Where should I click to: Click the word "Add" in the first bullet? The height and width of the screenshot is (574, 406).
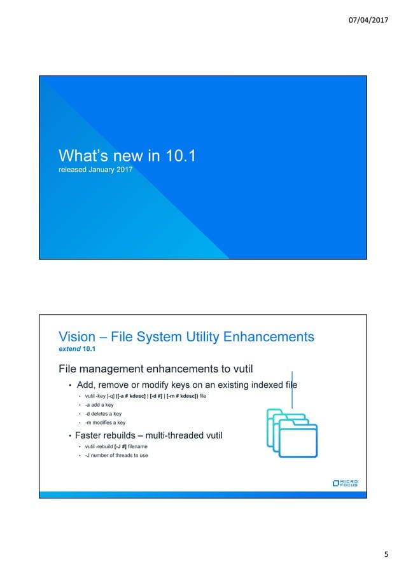click(x=87, y=385)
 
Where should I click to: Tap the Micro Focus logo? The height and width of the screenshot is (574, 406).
click(x=346, y=483)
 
